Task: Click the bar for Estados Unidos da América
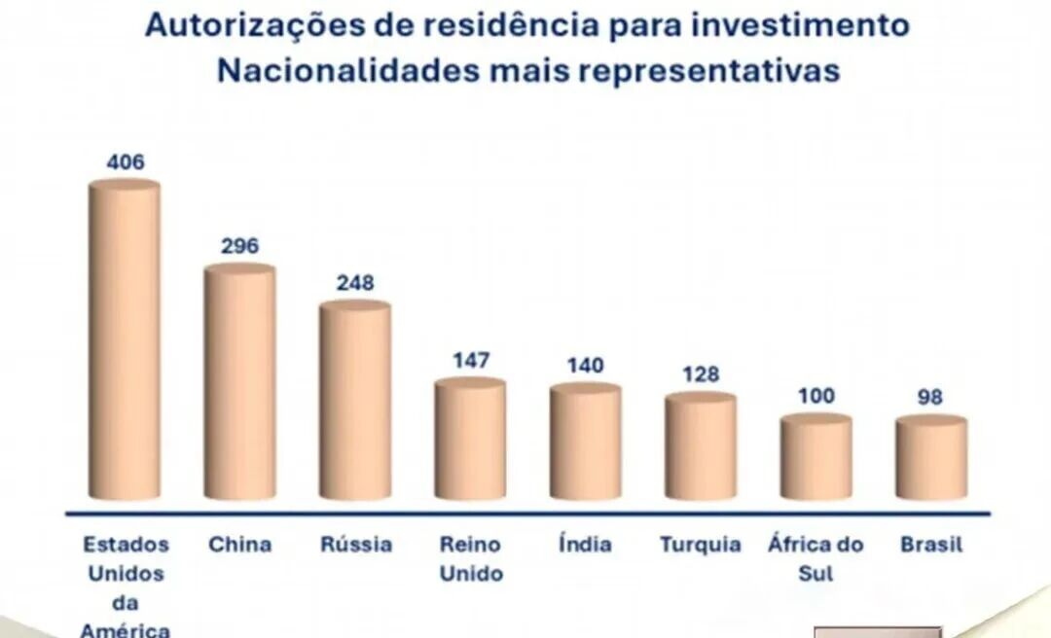pos(125,340)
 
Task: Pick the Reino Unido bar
pos(470,439)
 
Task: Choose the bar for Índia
pos(585,442)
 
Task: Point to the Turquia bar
pos(701,446)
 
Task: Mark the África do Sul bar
pos(815,457)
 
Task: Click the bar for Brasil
pos(931,458)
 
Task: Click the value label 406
pos(126,161)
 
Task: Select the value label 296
pos(239,246)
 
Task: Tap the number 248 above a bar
pos(355,283)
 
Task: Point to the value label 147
pos(471,360)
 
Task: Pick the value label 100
pos(815,396)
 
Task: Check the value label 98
pos(931,397)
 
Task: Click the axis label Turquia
pos(701,545)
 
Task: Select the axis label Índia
pos(585,545)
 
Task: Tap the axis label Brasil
pos(931,545)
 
